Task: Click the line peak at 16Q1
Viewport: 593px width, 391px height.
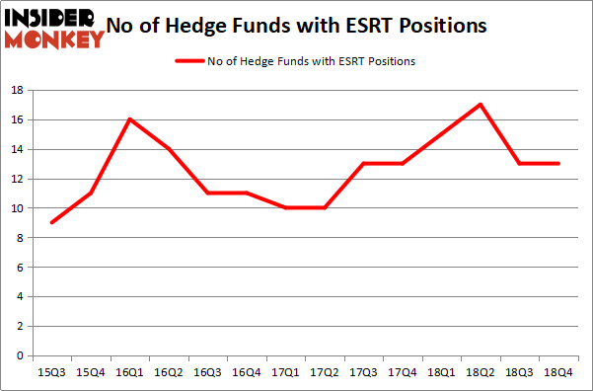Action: [x=129, y=119]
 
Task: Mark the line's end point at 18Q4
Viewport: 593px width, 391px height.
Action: [x=558, y=164]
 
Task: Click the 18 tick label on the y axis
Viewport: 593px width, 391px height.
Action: [x=17, y=91]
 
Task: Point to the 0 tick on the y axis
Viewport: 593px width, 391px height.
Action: [x=20, y=355]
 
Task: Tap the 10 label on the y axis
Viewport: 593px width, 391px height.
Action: [x=17, y=208]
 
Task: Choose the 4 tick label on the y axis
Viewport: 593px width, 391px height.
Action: [x=20, y=296]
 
